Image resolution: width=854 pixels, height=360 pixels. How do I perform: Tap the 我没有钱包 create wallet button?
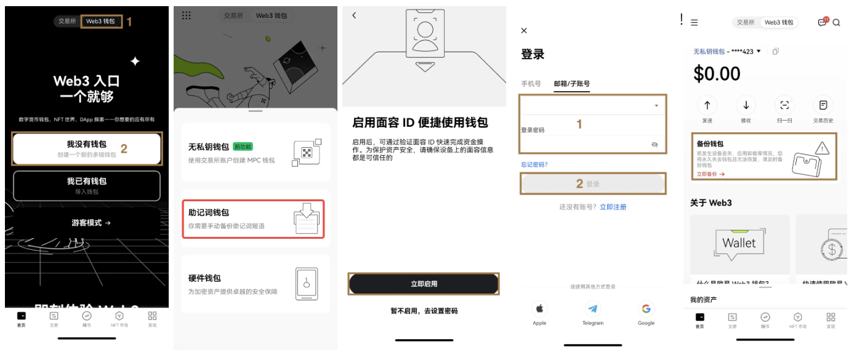87,149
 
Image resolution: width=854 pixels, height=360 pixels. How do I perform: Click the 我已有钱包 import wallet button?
87,185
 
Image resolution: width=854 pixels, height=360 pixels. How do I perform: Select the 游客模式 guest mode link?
91,223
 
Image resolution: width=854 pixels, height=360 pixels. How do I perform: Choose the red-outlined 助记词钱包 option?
253,218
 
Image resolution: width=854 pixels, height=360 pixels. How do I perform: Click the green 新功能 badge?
243,147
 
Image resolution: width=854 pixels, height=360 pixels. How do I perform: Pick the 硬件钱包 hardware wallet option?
253,284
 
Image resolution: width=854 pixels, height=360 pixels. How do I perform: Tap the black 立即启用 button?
424,284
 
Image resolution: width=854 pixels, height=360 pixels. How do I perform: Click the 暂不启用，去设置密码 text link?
424,311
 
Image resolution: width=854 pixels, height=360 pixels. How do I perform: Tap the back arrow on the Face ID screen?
354,15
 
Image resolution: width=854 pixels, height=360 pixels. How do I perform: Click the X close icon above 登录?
524,31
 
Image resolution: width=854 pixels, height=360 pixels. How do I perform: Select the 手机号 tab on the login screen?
531,84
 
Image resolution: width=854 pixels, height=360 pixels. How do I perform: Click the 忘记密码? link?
534,164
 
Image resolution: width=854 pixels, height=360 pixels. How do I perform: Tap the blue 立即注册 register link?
613,207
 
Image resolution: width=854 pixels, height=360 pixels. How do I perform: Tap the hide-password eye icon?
655,144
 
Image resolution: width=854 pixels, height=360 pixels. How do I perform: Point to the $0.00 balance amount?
717,74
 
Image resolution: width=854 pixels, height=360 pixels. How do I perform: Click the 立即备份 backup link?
711,174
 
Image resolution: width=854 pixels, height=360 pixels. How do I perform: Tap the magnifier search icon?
836,22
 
